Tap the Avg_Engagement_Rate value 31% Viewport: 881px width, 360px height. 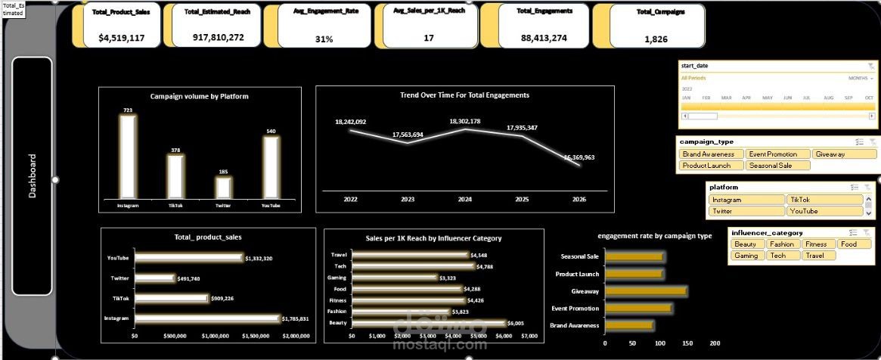click(x=324, y=39)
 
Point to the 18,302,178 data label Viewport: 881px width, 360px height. click(x=464, y=121)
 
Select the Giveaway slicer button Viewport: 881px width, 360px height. click(x=839, y=154)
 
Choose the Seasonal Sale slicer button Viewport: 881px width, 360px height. click(x=777, y=165)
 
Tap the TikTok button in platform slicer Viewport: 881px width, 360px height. click(x=824, y=200)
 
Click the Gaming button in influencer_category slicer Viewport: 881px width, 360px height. click(x=747, y=256)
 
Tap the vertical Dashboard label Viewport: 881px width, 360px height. click(x=33, y=176)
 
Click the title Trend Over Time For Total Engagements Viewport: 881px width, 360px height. click(x=464, y=95)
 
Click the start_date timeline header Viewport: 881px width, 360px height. click(x=699, y=67)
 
